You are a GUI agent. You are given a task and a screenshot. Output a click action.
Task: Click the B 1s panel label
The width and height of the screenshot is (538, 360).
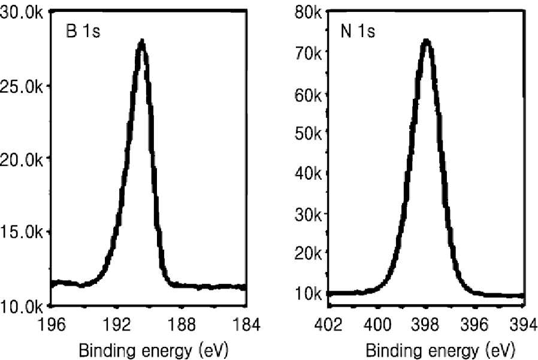tap(83, 31)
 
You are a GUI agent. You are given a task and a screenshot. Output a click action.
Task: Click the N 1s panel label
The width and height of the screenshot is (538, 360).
tap(358, 31)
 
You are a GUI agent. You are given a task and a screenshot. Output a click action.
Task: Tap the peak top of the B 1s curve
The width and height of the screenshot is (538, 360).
tap(142, 41)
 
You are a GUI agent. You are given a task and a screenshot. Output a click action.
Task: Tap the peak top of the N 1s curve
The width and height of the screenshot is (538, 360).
tap(426, 41)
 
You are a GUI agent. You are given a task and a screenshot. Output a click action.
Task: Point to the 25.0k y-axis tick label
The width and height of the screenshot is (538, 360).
tap(22, 87)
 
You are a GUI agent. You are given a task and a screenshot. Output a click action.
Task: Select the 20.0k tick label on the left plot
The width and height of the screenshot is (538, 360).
tap(22, 159)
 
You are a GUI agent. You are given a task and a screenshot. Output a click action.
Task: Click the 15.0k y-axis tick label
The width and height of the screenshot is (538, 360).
tap(22, 232)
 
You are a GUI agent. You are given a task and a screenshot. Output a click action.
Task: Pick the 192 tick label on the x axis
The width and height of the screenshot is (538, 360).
tap(117, 325)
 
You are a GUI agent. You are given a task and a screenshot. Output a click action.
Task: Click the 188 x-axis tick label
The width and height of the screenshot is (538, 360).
tap(182, 325)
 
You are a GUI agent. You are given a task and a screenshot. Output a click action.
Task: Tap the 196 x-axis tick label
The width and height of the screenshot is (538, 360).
tap(52, 325)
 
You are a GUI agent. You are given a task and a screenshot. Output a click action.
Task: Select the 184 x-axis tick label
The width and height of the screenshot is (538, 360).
tap(246, 325)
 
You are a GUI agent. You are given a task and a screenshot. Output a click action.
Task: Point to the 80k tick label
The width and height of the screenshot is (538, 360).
tap(308, 13)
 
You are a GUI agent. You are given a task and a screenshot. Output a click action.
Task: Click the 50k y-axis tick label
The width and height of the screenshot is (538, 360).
tap(308, 133)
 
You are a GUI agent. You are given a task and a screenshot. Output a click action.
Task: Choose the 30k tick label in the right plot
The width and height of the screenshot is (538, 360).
tap(308, 214)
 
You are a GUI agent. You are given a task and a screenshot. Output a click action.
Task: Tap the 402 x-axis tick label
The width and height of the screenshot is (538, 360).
tap(328, 325)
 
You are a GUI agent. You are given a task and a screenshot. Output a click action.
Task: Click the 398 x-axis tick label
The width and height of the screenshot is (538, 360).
tap(426, 325)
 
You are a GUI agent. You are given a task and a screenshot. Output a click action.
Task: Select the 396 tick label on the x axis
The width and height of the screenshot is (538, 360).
tap(474, 325)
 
